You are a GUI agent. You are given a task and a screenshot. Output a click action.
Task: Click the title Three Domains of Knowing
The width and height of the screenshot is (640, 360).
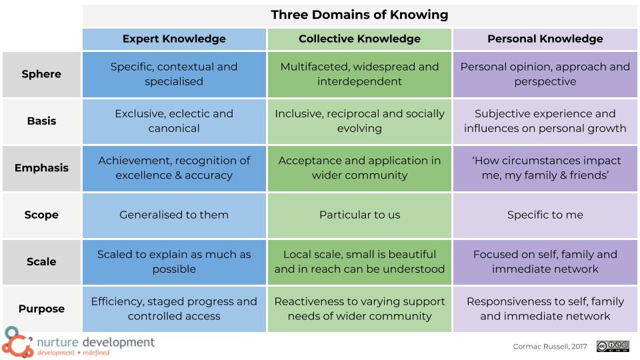pos(359,15)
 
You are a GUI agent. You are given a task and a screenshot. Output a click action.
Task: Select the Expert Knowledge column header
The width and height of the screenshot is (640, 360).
pos(174,39)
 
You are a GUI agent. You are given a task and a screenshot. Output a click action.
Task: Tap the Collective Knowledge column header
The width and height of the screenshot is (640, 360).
pos(359,39)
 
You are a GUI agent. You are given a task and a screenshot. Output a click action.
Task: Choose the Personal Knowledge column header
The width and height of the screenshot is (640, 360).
pos(545,39)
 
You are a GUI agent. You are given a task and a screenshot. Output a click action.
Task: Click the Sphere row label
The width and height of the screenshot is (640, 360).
pos(41,74)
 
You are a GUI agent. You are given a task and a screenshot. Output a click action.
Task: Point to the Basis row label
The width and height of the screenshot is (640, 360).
pos(41,121)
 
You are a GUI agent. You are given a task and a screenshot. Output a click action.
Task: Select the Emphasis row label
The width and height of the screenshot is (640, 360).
pos(41,168)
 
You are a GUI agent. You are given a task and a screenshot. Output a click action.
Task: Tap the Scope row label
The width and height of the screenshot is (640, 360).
pos(41,215)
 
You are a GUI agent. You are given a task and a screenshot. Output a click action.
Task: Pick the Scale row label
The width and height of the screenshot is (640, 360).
pos(41,262)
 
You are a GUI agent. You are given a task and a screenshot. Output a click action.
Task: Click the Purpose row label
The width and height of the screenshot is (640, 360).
pos(41,309)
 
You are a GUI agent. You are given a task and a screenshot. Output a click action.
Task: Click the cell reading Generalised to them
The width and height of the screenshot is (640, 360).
pos(174,215)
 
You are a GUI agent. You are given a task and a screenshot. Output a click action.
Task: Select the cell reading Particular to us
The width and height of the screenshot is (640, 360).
pos(359,215)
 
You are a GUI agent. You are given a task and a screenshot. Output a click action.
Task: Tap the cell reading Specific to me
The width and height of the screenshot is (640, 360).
pos(545,215)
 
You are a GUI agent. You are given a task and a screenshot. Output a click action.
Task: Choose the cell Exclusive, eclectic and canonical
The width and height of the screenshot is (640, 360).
pos(174,121)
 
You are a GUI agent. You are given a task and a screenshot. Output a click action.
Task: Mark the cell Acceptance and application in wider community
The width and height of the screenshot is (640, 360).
pos(359,168)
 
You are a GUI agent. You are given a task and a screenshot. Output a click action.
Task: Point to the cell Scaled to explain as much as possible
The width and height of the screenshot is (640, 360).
pos(174,262)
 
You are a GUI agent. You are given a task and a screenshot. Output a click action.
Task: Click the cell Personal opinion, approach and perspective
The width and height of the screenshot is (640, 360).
pos(545,74)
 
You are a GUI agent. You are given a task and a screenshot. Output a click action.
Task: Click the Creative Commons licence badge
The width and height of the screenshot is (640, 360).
pos(613,346)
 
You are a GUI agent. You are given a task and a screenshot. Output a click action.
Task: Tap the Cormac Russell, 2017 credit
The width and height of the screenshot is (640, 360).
pos(550,347)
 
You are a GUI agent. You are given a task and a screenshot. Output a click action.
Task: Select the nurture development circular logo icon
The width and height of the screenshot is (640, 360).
pos(16,343)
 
